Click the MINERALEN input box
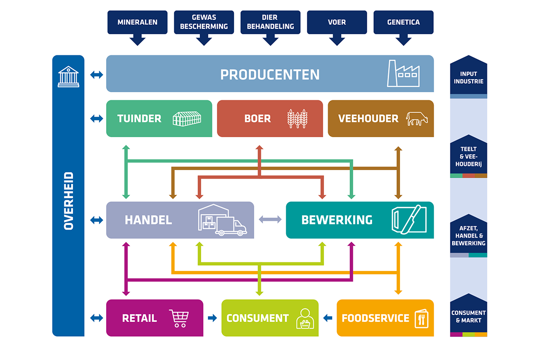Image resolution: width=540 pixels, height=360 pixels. (137, 22)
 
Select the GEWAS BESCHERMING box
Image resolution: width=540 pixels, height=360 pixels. (204, 22)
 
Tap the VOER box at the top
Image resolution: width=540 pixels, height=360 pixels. (337, 22)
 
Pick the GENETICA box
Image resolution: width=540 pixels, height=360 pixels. (404, 22)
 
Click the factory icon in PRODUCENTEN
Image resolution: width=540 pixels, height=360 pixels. (403, 74)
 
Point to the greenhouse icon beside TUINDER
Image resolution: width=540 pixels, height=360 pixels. (187, 118)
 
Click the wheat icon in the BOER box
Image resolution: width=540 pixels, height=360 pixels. (297, 119)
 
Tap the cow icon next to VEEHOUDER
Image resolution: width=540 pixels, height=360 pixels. (417, 119)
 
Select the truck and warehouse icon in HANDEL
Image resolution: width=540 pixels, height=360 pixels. (222, 220)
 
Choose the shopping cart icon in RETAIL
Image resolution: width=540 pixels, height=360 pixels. (179, 318)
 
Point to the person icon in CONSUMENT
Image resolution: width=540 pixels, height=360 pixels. (304, 319)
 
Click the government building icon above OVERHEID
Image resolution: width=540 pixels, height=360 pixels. (68, 76)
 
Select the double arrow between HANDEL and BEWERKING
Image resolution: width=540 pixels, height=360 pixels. (270, 220)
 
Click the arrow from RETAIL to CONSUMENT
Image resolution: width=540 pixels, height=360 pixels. (212, 318)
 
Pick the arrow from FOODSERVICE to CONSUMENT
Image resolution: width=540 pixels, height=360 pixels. (328, 318)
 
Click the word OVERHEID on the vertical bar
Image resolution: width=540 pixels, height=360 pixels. (68, 201)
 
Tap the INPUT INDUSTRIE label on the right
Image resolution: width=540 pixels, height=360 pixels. (468, 77)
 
